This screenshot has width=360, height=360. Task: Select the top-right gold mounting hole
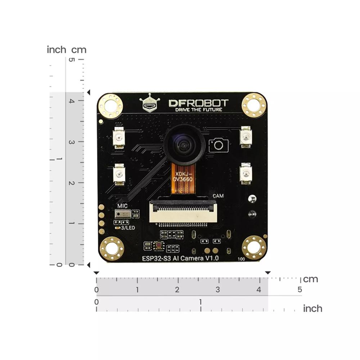point(254,104)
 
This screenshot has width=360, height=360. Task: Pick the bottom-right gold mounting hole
point(254,248)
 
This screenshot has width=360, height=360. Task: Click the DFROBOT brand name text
point(198,103)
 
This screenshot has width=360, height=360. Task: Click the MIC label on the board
point(123,206)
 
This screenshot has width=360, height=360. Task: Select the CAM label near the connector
point(218,196)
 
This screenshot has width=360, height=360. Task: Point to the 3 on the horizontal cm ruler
point(218,289)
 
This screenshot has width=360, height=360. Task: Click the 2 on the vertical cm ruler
point(71,183)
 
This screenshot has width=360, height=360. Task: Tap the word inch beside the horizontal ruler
point(312,309)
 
